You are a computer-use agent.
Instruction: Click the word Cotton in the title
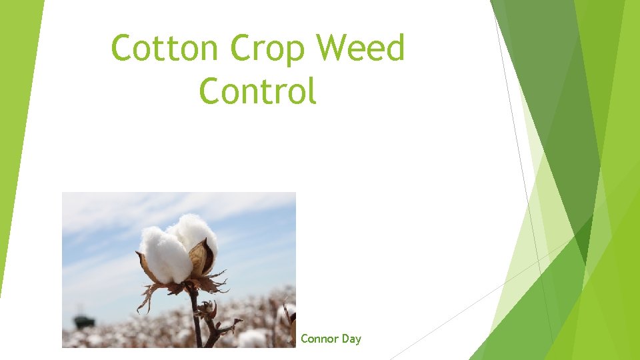pos(166,49)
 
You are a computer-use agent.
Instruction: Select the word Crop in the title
pos(269,49)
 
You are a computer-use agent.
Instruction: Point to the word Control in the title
pos(257,91)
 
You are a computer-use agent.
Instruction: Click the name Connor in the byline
pos(320,339)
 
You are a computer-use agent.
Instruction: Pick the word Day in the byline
pos(351,339)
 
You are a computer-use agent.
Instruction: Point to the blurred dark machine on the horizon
pos(83,321)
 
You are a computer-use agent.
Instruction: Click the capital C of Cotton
pos(122,49)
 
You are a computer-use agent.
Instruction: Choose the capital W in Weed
pos(332,49)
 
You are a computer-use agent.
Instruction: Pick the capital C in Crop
pos(241,49)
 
